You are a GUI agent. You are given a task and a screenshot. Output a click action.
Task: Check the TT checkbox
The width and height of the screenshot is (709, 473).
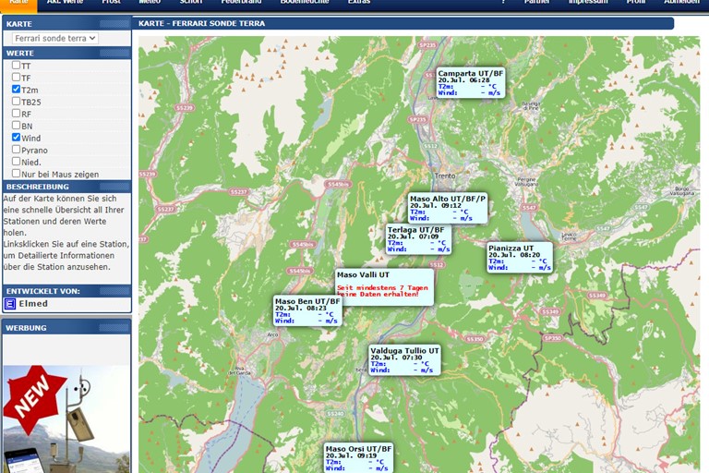coord(16,66)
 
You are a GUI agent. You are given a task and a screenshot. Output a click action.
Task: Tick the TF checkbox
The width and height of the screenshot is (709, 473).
coord(16,78)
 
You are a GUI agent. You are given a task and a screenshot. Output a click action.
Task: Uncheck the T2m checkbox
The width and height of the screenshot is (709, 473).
coord(16,90)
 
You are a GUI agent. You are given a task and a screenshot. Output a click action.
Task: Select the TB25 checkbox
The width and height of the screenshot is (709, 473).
coord(16,102)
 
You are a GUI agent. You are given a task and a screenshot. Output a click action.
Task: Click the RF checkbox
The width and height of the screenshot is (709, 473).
coord(16,114)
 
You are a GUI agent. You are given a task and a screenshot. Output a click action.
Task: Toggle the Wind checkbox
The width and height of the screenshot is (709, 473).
coord(16,137)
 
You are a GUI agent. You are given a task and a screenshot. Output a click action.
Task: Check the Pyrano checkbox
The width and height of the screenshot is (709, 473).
coord(16,149)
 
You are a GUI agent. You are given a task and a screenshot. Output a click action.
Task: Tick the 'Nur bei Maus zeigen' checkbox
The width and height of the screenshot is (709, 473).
coord(16,173)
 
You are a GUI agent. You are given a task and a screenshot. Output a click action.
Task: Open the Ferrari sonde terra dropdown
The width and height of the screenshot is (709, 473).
coord(54,38)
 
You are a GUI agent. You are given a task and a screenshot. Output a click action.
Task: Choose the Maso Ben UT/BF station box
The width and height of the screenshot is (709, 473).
coord(307,310)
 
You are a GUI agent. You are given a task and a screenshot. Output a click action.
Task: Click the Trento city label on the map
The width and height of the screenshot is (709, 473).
coord(445,176)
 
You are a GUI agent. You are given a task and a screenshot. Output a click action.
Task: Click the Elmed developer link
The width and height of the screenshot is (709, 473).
coord(32,303)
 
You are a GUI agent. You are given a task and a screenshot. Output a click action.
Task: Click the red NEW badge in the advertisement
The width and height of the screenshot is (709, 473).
coord(33,397)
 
